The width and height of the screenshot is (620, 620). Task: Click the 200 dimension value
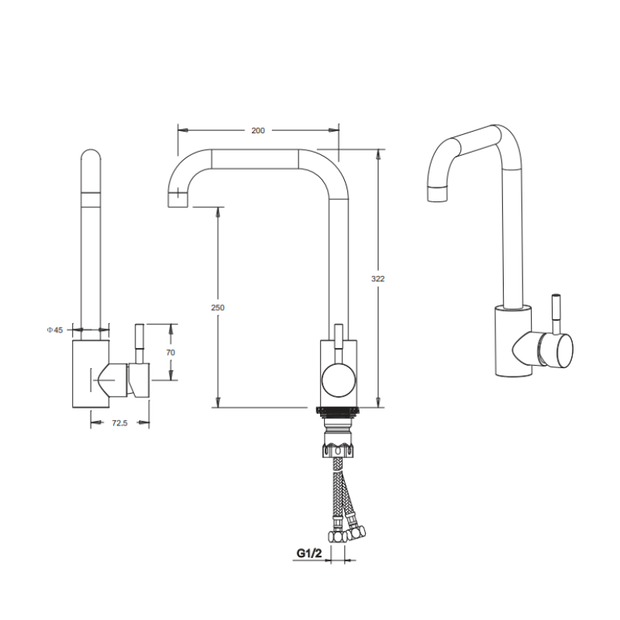(x=258, y=130)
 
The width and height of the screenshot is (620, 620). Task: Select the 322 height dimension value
(x=377, y=279)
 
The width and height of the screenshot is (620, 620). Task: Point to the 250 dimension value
(x=218, y=308)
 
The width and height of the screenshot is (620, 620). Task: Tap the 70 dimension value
(x=170, y=353)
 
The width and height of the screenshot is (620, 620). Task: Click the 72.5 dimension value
(x=119, y=423)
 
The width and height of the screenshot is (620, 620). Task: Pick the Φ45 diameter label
(x=55, y=330)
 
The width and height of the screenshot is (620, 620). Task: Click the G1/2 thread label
(x=309, y=553)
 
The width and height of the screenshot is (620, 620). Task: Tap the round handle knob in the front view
(x=339, y=381)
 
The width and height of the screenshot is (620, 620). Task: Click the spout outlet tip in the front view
(x=178, y=200)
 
